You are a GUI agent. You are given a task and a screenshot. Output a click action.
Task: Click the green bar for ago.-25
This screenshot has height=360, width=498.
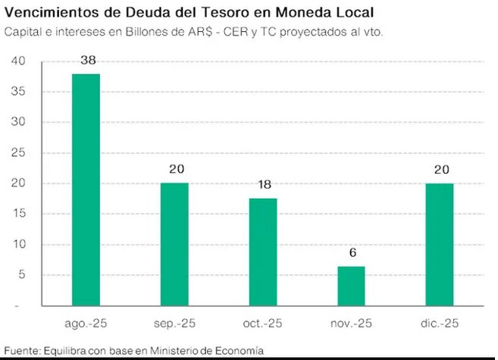(86, 189)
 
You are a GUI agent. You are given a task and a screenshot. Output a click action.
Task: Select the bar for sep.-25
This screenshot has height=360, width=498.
(174, 244)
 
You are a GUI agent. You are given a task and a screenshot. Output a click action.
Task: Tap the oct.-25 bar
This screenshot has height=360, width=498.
(263, 252)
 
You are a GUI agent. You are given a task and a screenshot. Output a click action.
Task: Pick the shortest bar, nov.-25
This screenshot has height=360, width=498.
(352, 286)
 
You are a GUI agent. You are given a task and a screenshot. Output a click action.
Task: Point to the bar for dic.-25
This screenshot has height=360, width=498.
(440, 244)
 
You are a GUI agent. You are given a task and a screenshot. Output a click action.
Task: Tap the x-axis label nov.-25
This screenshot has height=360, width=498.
(352, 324)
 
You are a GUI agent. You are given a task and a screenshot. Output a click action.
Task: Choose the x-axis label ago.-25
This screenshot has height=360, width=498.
(86, 324)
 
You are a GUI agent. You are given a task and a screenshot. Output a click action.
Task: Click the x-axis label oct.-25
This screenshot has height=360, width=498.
(263, 324)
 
